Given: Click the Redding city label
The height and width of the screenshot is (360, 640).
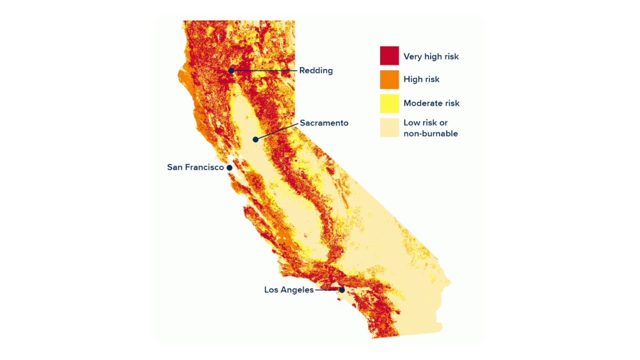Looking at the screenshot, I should (x=316, y=70).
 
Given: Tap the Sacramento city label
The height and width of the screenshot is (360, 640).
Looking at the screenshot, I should (x=324, y=123).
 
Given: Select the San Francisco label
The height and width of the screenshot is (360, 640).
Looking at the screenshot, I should (x=195, y=167).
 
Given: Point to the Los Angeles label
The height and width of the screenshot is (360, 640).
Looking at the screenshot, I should (x=289, y=290).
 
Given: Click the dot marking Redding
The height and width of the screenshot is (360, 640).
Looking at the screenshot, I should (x=231, y=71).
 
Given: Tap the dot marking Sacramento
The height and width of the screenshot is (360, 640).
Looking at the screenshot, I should (x=255, y=140).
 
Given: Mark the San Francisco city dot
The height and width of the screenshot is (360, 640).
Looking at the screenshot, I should (x=230, y=167).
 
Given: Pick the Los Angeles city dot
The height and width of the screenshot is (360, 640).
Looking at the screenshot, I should (x=342, y=290).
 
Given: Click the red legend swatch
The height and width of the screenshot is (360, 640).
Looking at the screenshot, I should (x=389, y=56).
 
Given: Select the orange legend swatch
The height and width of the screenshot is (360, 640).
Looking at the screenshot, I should (x=389, y=80).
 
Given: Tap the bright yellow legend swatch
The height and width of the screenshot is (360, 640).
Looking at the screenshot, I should (x=389, y=103).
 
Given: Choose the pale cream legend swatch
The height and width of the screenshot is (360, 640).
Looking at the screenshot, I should (x=389, y=127).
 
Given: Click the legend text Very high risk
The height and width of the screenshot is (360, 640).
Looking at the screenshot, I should (x=431, y=56).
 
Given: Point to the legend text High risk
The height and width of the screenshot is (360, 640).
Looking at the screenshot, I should (x=421, y=79).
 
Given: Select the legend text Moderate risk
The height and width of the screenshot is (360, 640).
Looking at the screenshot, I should (x=431, y=103).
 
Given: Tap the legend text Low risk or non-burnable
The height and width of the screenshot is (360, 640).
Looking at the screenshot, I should (x=430, y=128).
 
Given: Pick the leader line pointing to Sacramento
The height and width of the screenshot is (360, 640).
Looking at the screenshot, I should (x=277, y=131).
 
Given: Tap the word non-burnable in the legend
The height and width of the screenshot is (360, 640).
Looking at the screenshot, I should (x=430, y=133).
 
